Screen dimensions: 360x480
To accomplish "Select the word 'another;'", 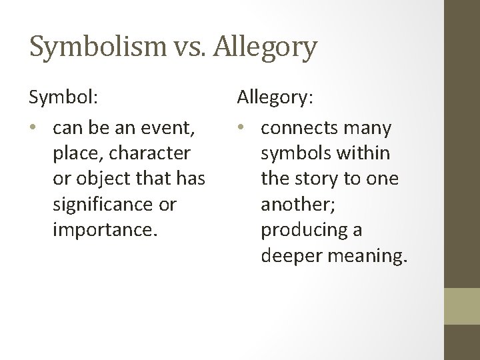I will pos(294,204).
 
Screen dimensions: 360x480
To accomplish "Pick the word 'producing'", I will pos(303,229).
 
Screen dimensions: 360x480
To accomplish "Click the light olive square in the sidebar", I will pos(461,305).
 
